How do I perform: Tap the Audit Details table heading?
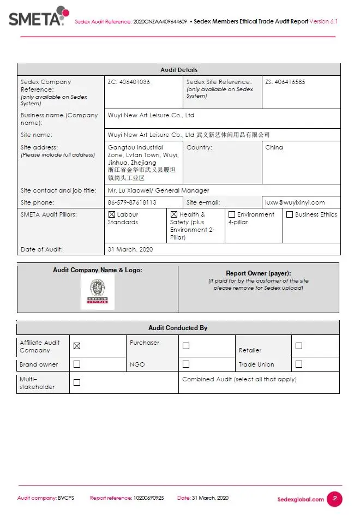tap(179, 70)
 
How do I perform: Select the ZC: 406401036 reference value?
tap(129, 82)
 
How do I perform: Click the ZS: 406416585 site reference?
tap(285, 82)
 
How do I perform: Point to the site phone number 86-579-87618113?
tap(132, 202)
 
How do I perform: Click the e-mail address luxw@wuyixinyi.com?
tap(295, 202)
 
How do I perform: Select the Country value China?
tap(274, 147)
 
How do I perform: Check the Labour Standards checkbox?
tap(112, 215)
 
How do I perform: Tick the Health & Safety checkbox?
tap(174, 215)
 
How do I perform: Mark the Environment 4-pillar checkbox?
tap(232, 215)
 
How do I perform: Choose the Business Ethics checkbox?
tap(290, 215)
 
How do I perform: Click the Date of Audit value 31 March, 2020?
tap(130, 249)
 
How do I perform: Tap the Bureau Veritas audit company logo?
tap(98, 292)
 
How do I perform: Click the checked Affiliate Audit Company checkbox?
tap(77, 346)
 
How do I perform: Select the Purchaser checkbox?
tap(186, 346)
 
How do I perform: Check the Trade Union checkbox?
tap(298, 364)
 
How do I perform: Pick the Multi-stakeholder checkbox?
tap(77, 382)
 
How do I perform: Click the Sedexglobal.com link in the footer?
tap(301, 499)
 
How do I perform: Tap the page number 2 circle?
tap(335, 499)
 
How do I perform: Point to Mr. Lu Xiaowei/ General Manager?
tap(159, 190)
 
